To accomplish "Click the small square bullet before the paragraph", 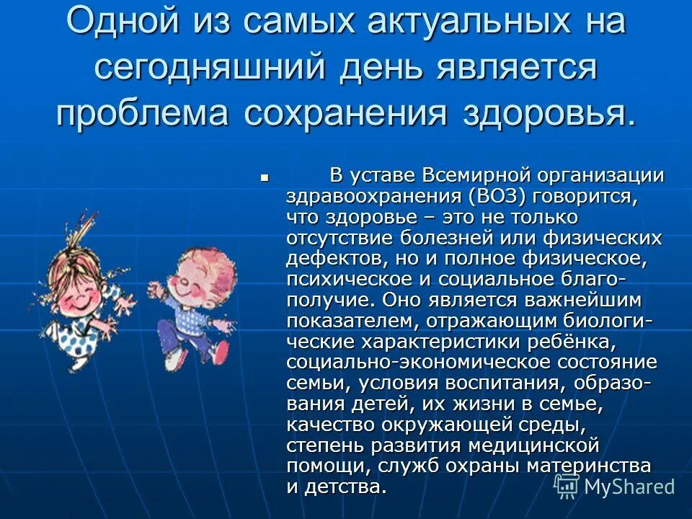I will pyautogui.click(x=265, y=176).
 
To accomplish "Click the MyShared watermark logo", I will pyautogui.click(x=617, y=487).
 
